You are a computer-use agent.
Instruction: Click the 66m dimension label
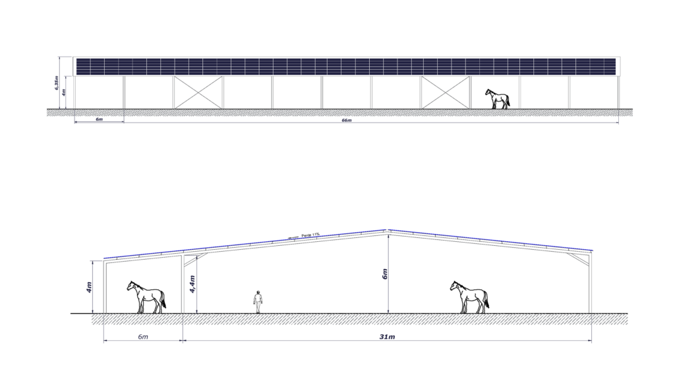pos(347,121)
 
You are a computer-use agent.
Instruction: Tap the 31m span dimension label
pos(387,337)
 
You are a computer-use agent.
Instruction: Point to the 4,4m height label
pos(192,284)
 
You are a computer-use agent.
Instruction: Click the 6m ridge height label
pos(385,274)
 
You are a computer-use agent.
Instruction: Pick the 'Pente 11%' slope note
pos(310,235)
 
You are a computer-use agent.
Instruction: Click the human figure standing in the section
pos(258,302)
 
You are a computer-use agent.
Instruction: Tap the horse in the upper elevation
pos(498,99)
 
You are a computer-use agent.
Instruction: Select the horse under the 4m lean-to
pos(146,297)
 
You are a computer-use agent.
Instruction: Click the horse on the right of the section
pos(469,297)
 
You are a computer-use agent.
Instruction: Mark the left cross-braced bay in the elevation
pos(198,92)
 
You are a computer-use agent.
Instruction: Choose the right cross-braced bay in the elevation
pos(446,92)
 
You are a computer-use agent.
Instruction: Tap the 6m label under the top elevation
pos(99,119)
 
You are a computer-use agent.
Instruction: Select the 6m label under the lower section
pos(143,337)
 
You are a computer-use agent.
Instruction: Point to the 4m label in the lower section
pos(89,287)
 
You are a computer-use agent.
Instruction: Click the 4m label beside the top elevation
pos(64,92)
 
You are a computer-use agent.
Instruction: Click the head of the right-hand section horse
pos(454,285)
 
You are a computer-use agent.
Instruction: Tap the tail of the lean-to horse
pos(163,300)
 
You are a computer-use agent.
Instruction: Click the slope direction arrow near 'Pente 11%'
pos(293,237)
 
